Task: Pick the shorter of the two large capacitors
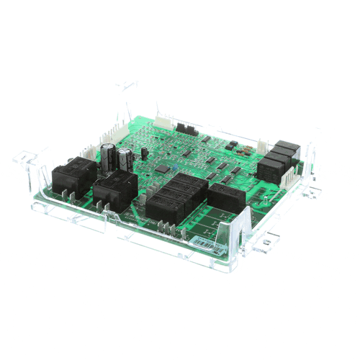(126, 160)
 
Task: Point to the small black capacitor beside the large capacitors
(144, 153)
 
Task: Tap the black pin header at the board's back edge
(188, 130)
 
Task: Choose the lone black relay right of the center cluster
(227, 196)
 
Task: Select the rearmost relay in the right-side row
(287, 146)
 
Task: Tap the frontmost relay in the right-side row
(269, 171)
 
